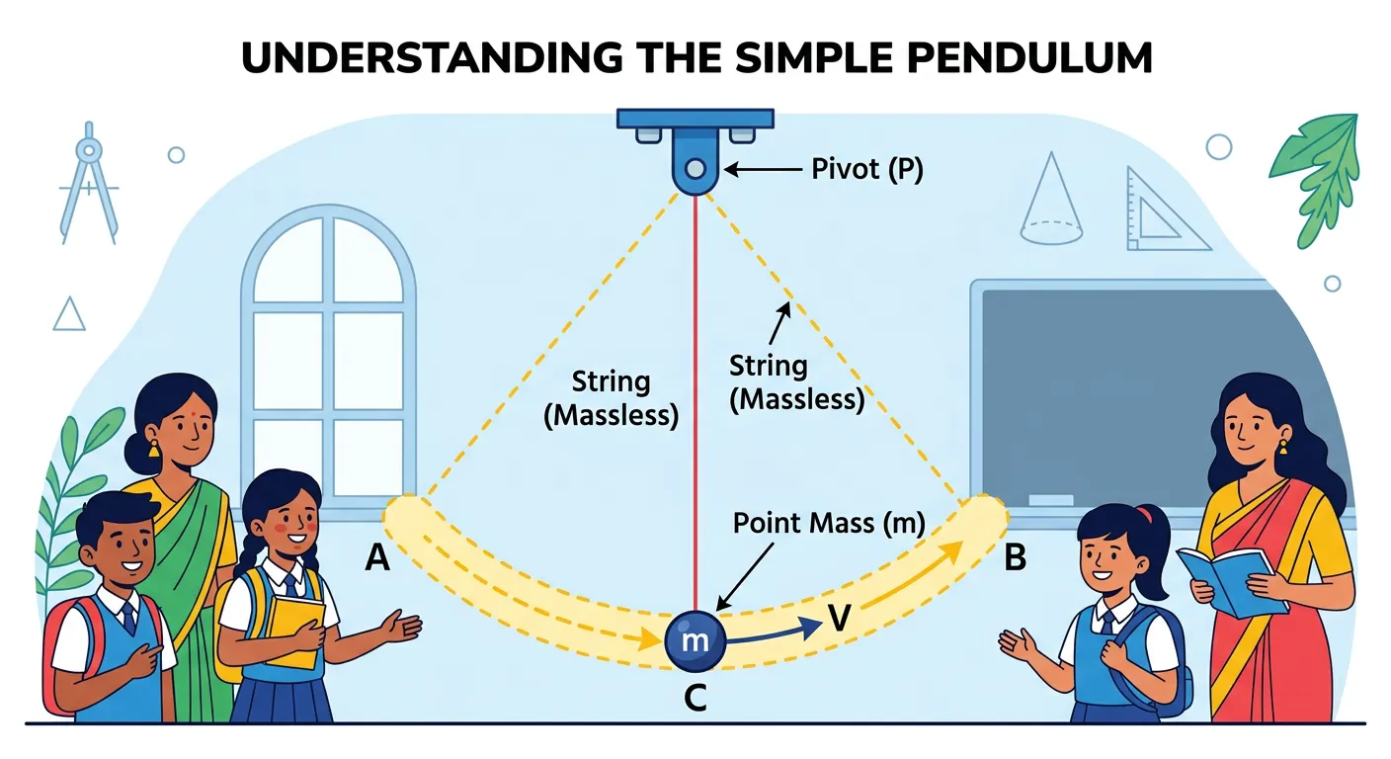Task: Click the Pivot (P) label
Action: pyautogui.click(x=867, y=169)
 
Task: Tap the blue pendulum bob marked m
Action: pyautogui.click(x=695, y=640)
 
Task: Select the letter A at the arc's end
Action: pyautogui.click(x=377, y=559)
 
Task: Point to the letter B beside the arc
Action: pyautogui.click(x=1015, y=559)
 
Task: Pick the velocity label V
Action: pyautogui.click(x=839, y=620)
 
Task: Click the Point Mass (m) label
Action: pyautogui.click(x=828, y=524)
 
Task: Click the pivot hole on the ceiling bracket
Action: pyautogui.click(x=695, y=168)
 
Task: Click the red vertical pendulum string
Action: pyautogui.click(x=695, y=395)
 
